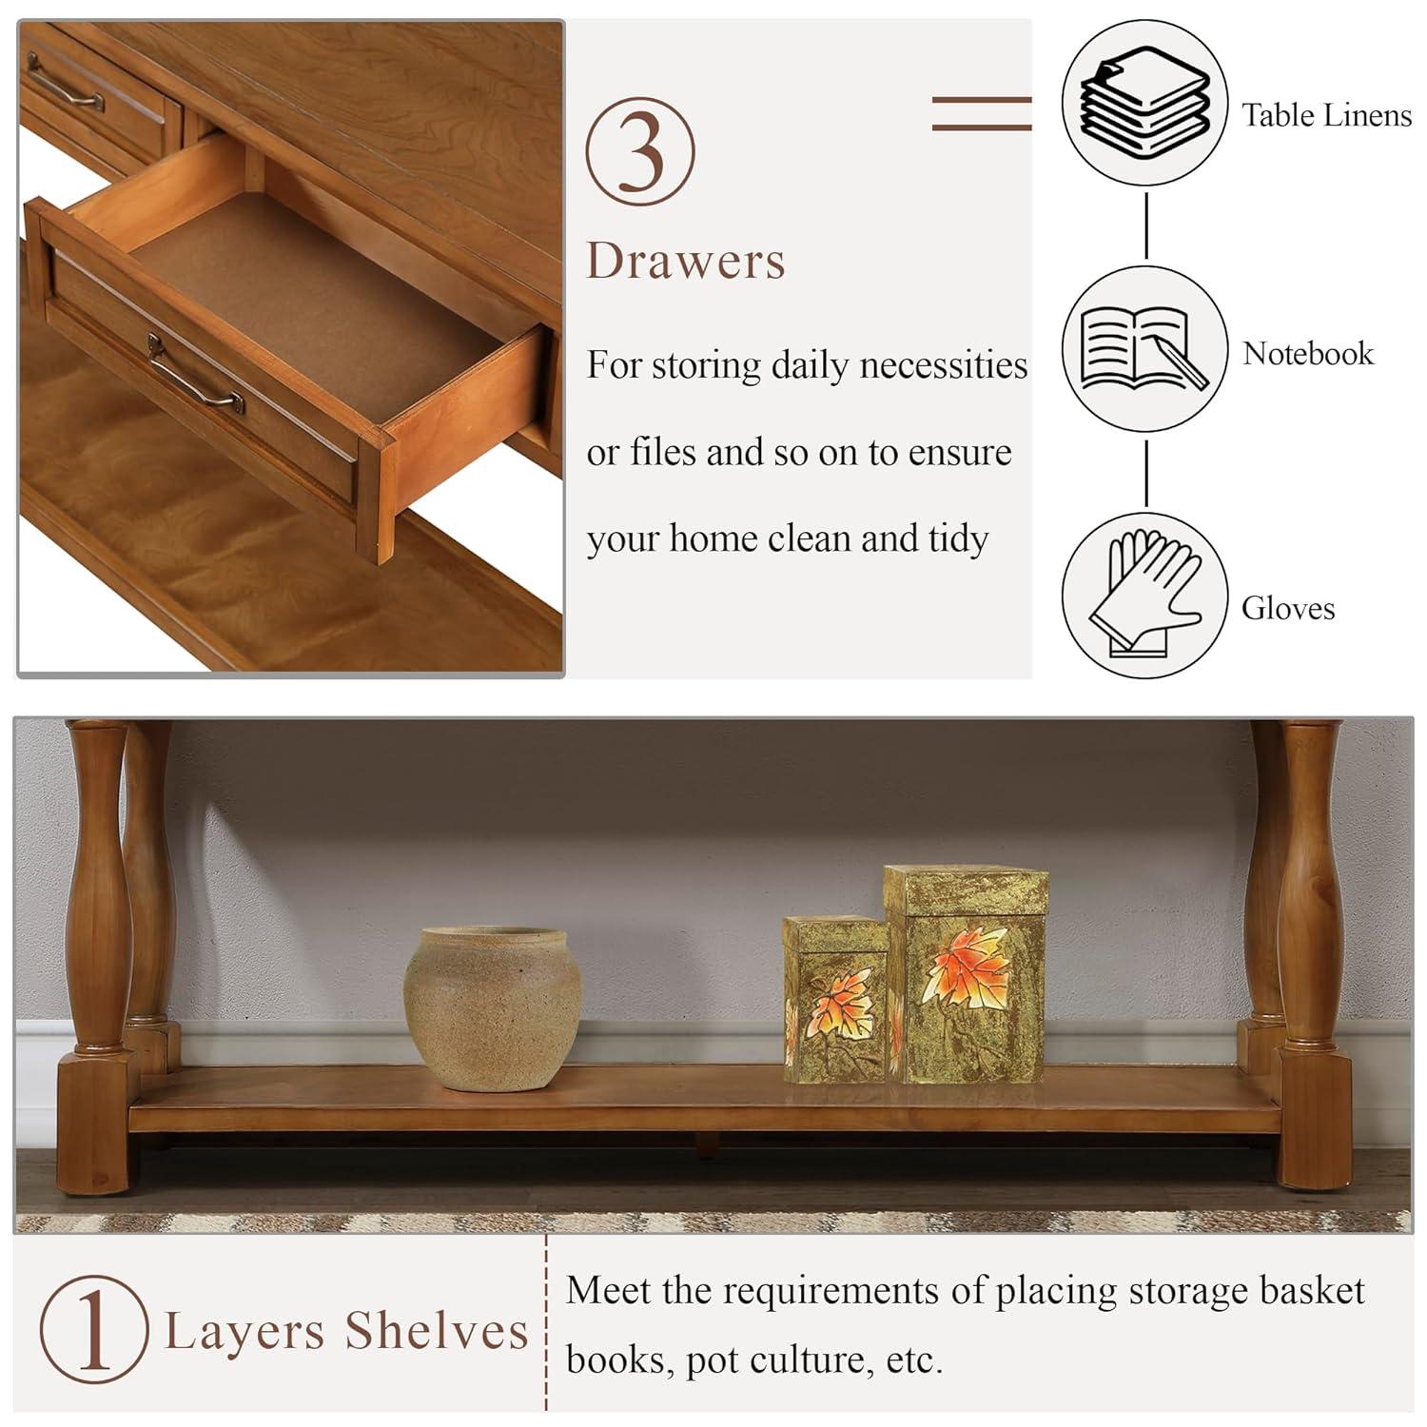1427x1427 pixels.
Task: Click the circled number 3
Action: tap(639, 151)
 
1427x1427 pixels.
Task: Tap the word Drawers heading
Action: tap(686, 261)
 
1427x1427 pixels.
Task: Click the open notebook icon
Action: tap(1144, 348)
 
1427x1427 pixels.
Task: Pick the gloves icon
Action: tap(1144, 596)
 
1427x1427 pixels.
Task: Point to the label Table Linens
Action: tap(1326, 115)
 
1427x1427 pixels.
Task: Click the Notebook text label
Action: tap(1308, 354)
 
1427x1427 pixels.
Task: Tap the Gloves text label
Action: tap(1288, 608)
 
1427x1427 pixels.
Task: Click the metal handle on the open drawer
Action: tap(195, 372)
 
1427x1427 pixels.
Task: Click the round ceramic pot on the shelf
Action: tap(492, 1007)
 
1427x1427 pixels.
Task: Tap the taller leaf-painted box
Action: tap(966, 975)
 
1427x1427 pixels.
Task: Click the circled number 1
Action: tap(94, 1330)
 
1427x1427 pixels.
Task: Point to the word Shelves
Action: tap(437, 1330)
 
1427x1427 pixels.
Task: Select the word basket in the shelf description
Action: tap(1312, 1291)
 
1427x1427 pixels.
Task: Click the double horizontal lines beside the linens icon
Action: tap(981, 113)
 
